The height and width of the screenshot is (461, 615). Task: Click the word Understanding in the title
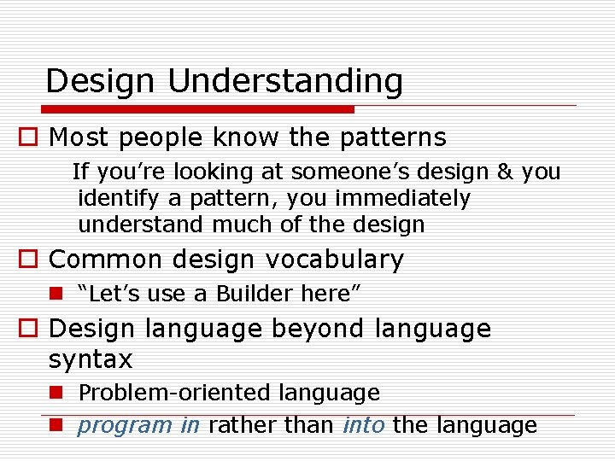point(285,82)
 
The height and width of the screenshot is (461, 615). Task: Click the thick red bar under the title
point(199,109)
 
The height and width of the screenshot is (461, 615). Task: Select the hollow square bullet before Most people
point(32,137)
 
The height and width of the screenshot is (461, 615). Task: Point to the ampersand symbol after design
point(505,172)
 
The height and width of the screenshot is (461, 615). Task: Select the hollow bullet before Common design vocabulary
point(32,260)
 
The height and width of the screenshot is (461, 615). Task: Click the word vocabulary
point(335,260)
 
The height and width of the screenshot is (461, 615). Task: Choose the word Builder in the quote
point(255,295)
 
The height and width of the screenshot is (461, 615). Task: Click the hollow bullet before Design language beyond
point(32,330)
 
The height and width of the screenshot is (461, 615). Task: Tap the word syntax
point(91,360)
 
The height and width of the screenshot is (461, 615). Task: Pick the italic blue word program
point(125,425)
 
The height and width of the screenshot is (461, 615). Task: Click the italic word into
point(363,425)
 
